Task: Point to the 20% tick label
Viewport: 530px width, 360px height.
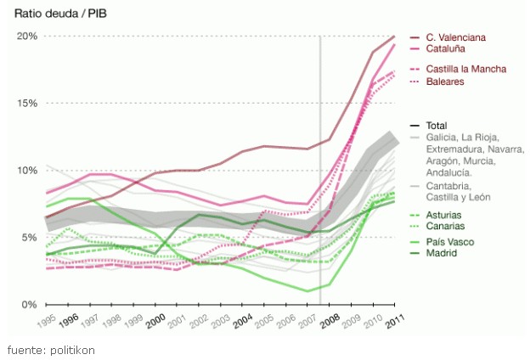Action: (27, 37)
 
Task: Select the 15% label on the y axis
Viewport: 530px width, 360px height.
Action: (27, 104)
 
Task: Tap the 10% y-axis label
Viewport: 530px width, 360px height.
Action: (27, 171)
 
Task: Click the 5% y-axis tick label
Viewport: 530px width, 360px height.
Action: (30, 238)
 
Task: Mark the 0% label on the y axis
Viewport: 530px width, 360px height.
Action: (30, 304)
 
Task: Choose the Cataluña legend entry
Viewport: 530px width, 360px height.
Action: (449, 50)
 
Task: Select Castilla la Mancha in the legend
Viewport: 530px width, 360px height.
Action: (466, 69)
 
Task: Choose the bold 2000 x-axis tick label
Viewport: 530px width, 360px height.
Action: (155, 322)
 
